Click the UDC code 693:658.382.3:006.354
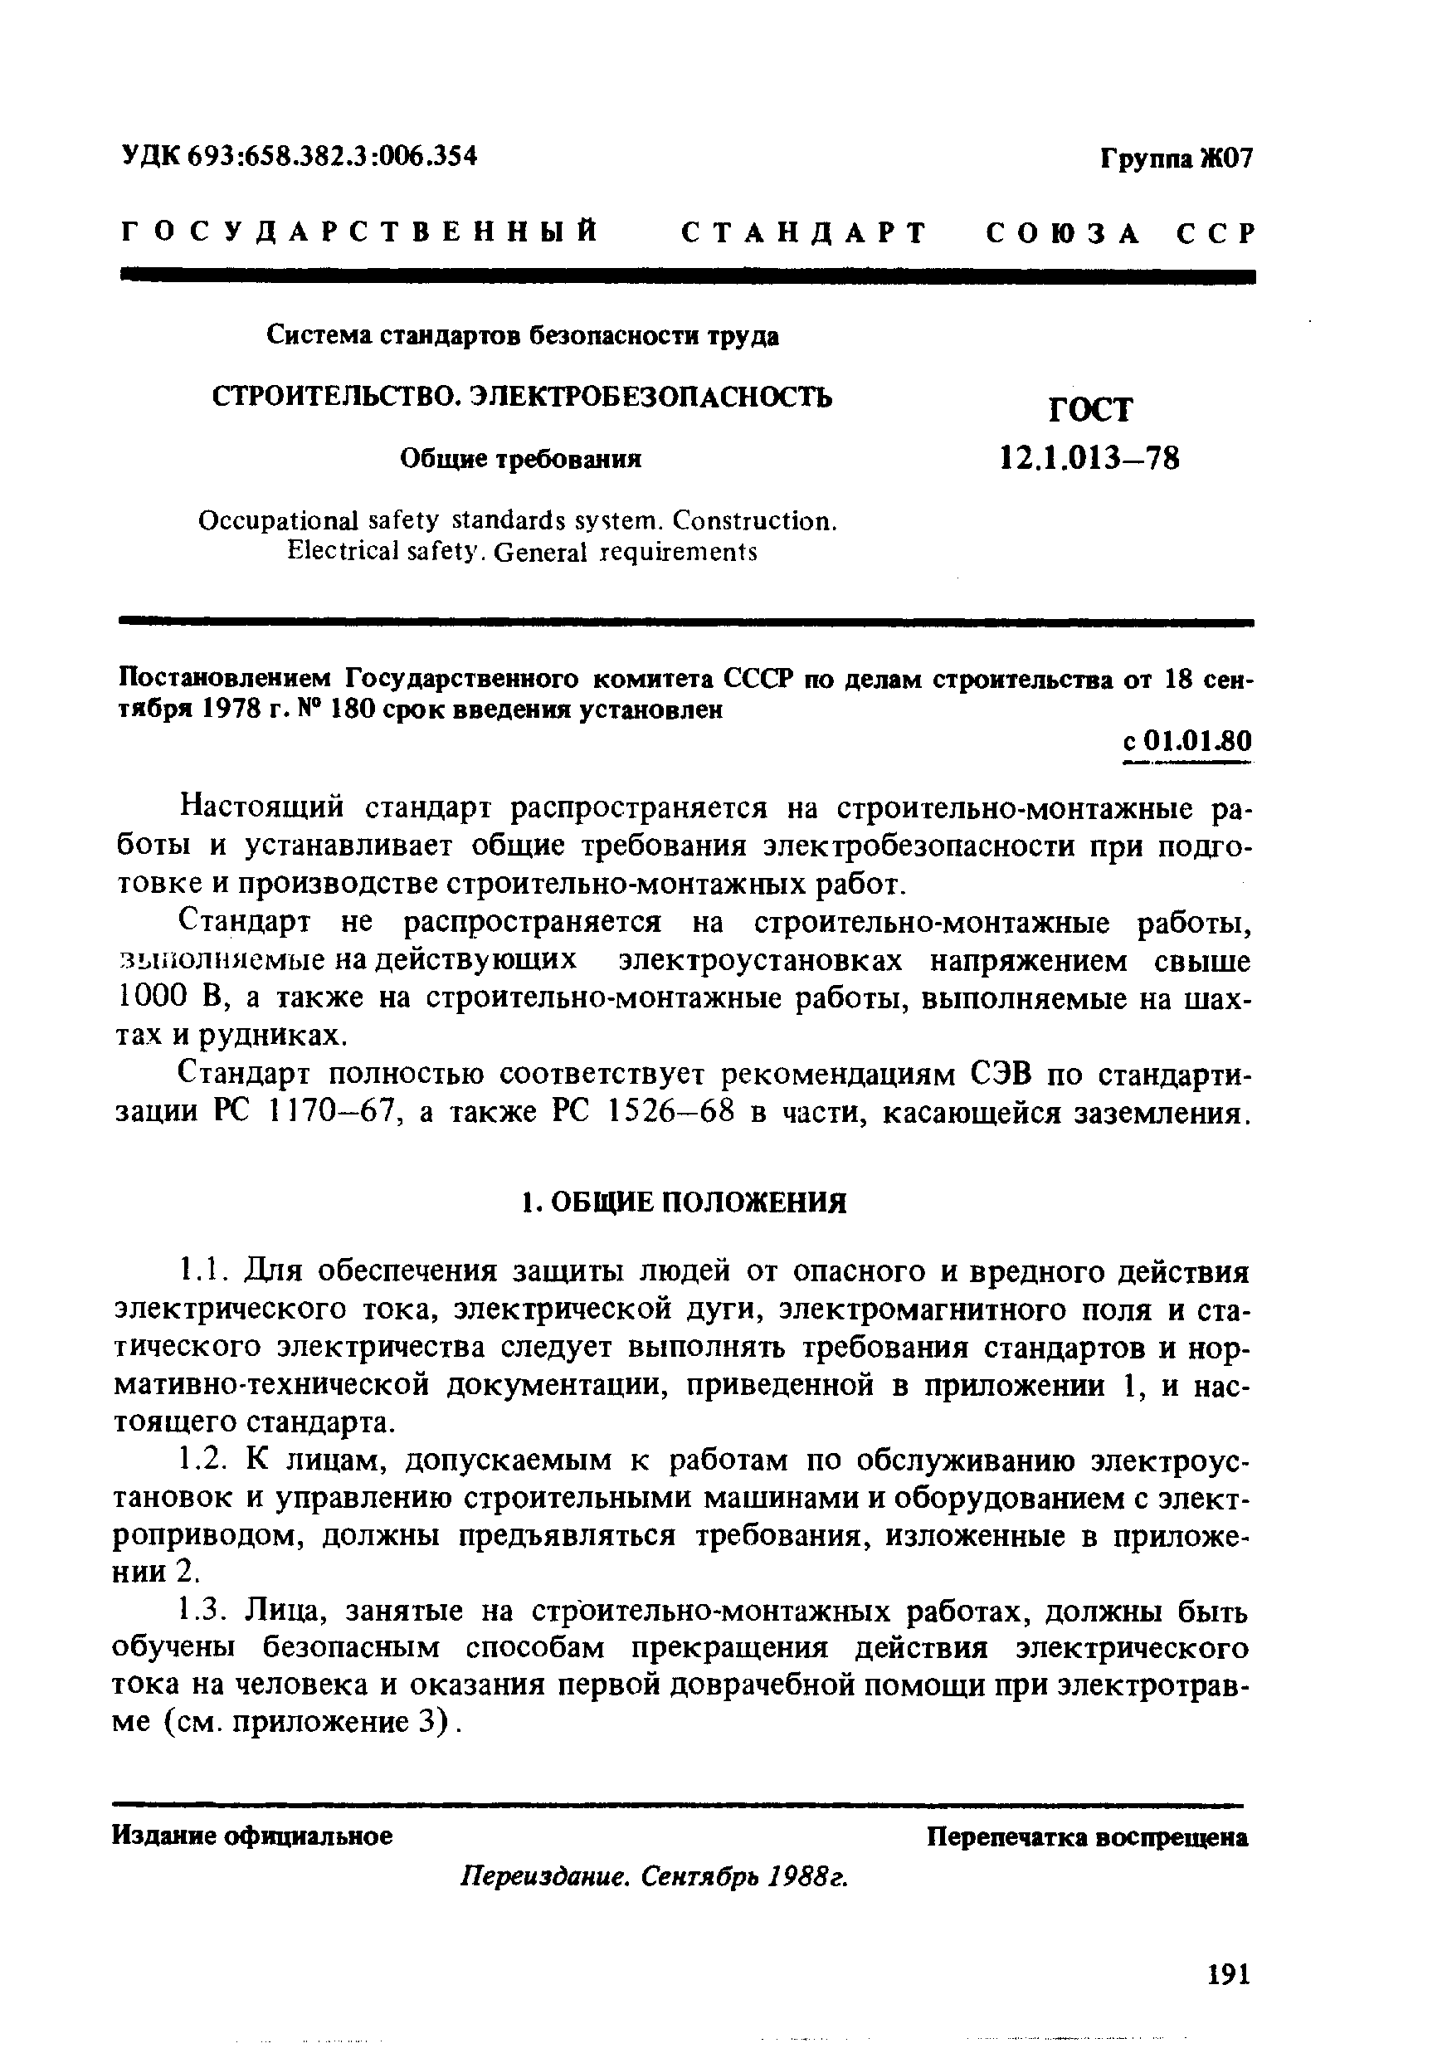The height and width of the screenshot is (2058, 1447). [299, 156]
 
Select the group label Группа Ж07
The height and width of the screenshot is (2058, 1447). [1176, 159]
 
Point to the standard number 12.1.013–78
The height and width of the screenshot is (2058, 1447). [1089, 459]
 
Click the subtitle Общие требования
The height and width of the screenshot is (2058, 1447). [520, 460]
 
